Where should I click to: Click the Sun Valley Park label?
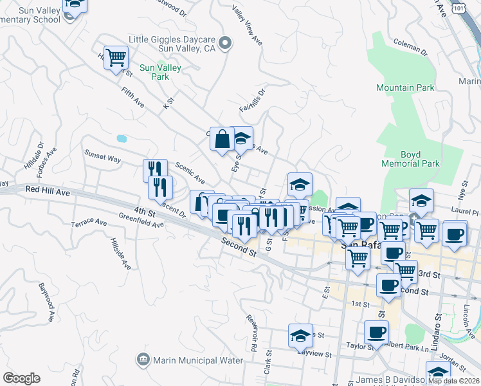tap(160, 71)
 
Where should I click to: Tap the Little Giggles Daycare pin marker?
tap(224, 44)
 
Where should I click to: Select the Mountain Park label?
tap(405, 87)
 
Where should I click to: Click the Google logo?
tap(21, 378)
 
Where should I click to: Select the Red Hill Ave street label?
tap(48, 190)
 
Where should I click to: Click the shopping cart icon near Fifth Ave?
tap(116, 58)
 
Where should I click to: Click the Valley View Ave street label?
tap(247, 26)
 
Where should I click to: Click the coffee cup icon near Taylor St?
tap(376, 332)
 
